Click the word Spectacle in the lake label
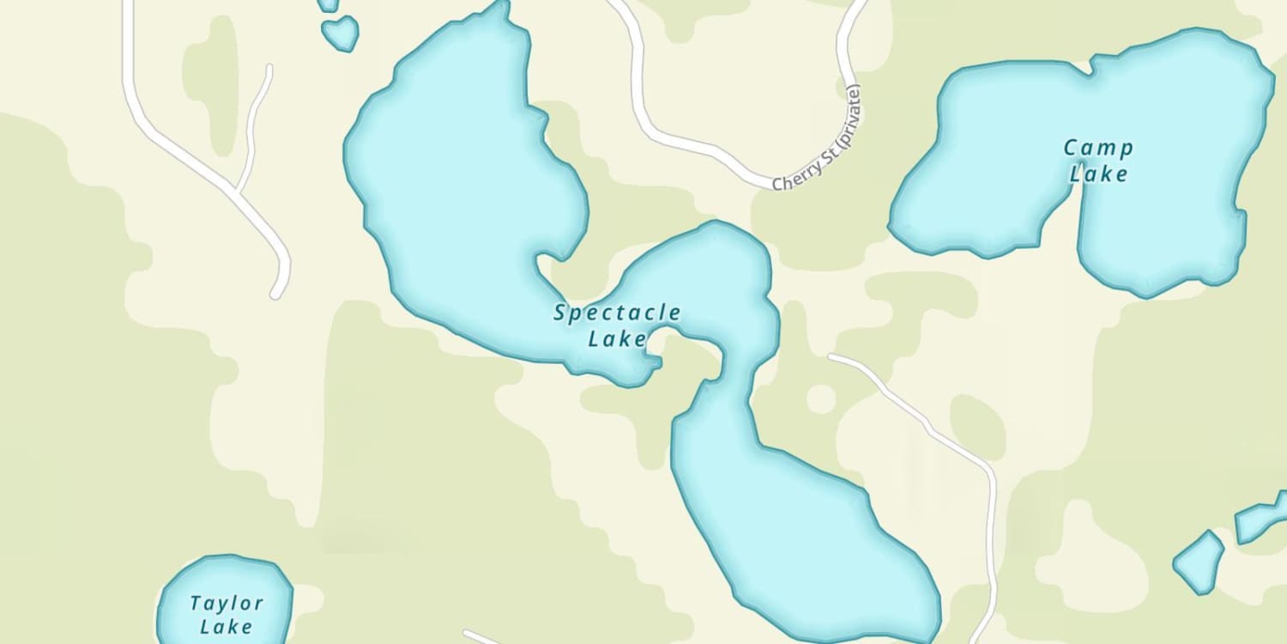pyautogui.click(x=617, y=313)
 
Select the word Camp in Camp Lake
pyautogui.click(x=1098, y=148)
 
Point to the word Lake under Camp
pyautogui.click(x=1098, y=174)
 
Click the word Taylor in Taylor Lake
pyautogui.click(x=227, y=603)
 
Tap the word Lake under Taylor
pyautogui.click(x=227, y=628)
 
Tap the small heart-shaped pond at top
pyautogui.click(x=341, y=33)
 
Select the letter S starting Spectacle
pyautogui.click(x=560, y=313)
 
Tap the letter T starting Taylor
pyautogui.click(x=196, y=602)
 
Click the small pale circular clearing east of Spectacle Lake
pyautogui.click(x=821, y=398)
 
